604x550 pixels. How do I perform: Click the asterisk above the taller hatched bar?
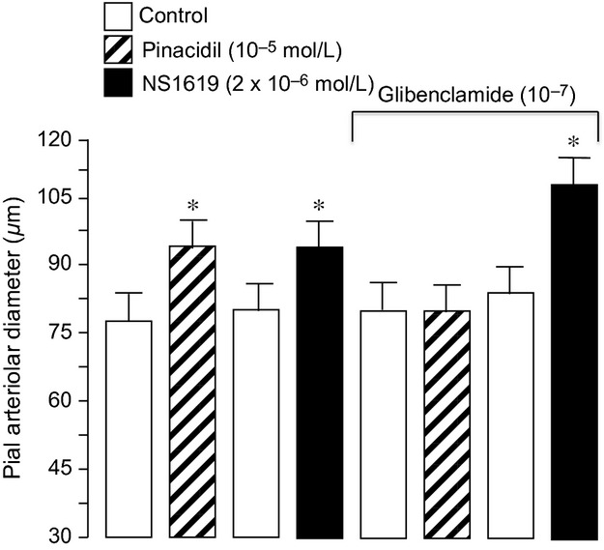192,205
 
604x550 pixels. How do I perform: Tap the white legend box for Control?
117,16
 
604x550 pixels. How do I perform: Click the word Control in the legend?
172,15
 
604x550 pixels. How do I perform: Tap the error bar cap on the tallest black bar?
575,158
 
